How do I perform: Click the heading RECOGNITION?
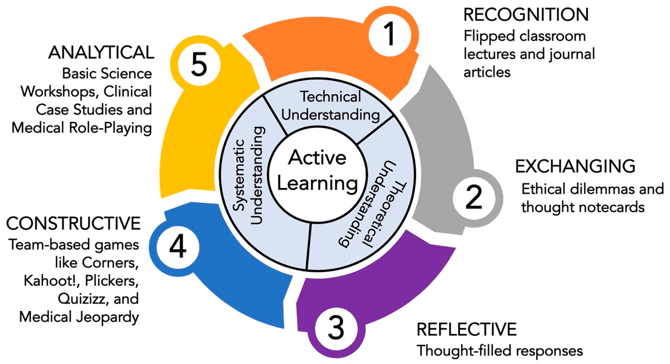[x=526, y=15]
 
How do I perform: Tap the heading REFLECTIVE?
[x=467, y=329]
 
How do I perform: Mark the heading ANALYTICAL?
[x=101, y=53]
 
